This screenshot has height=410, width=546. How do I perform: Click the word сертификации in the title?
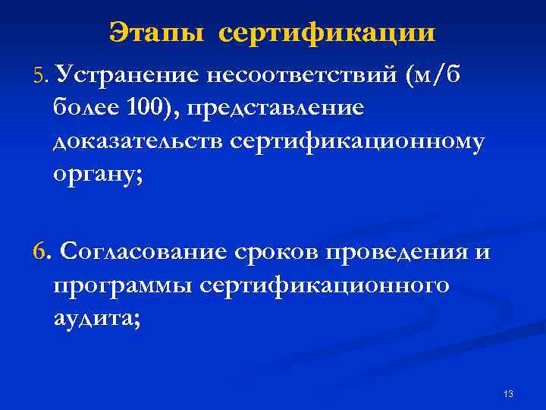click(x=328, y=33)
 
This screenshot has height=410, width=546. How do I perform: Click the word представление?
click(x=278, y=109)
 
